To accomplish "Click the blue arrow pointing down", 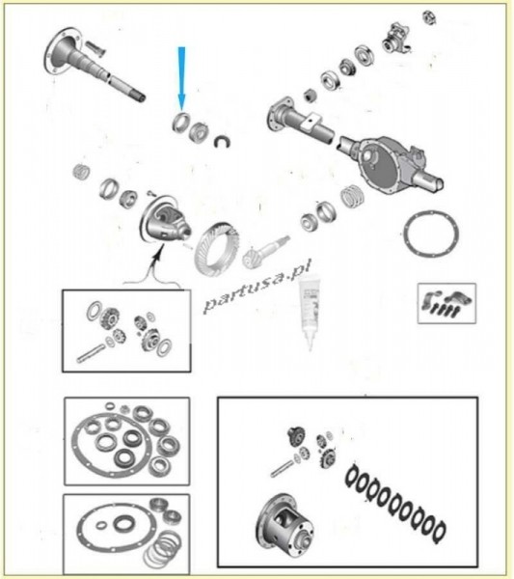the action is click(x=181, y=78).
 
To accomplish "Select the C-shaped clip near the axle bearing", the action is click(x=223, y=142).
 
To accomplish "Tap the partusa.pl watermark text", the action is click(x=257, y=286).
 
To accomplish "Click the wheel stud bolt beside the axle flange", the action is click(x=95, y=49).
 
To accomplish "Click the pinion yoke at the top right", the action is click(x=396, y=38).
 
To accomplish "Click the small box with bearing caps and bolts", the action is click(x=446, y=304).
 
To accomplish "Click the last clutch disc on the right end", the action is click(x=439, y=531).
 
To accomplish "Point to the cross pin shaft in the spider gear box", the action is click(x=91, y=352).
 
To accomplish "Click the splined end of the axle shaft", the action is click(x=140, y=96).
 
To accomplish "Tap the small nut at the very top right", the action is click(x=429, y=17).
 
